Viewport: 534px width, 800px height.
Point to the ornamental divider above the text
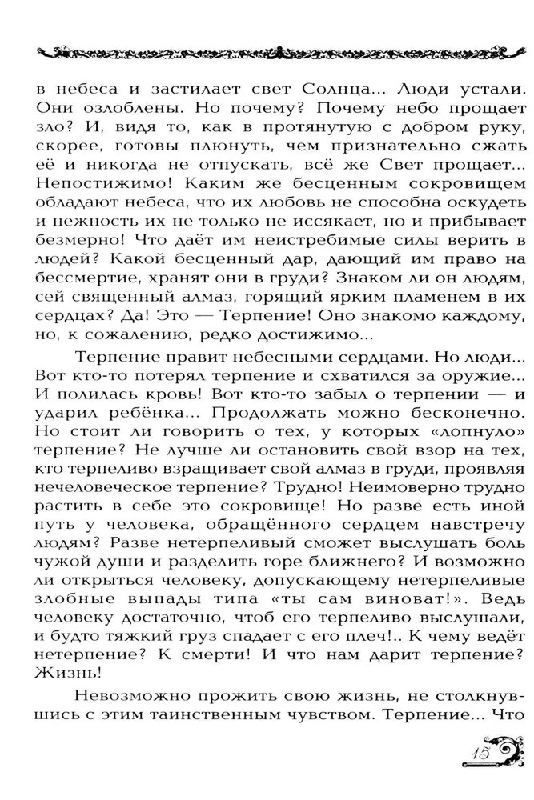(x=267, y=53)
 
